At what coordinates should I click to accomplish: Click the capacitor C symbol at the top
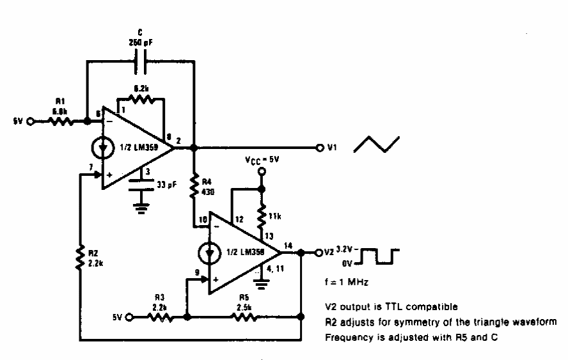(141, 61)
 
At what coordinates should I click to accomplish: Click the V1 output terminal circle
(320, 148)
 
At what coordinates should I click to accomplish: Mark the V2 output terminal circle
(318, 252)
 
